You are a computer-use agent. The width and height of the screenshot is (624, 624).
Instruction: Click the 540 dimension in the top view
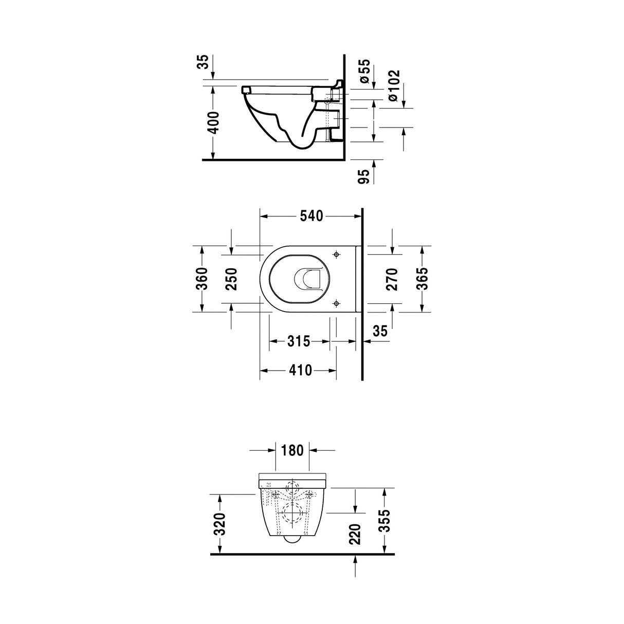(x=312, y=216)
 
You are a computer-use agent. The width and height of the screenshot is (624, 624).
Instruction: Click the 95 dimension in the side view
(x=364, y=176)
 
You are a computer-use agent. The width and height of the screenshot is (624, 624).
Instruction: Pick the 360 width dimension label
(x=202, y=279)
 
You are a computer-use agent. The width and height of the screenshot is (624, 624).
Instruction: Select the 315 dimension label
(x=299, y=341)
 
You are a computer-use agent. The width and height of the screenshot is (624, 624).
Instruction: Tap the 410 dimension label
(x=301, y=370)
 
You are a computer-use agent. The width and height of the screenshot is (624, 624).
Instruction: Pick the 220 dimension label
(x=355, y=535)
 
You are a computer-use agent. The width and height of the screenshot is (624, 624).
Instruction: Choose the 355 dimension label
(x=385, y=521)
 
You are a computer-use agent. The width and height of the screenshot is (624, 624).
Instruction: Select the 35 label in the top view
(x=379, y=332)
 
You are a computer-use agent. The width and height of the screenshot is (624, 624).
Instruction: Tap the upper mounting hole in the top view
(x=337, y=254)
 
